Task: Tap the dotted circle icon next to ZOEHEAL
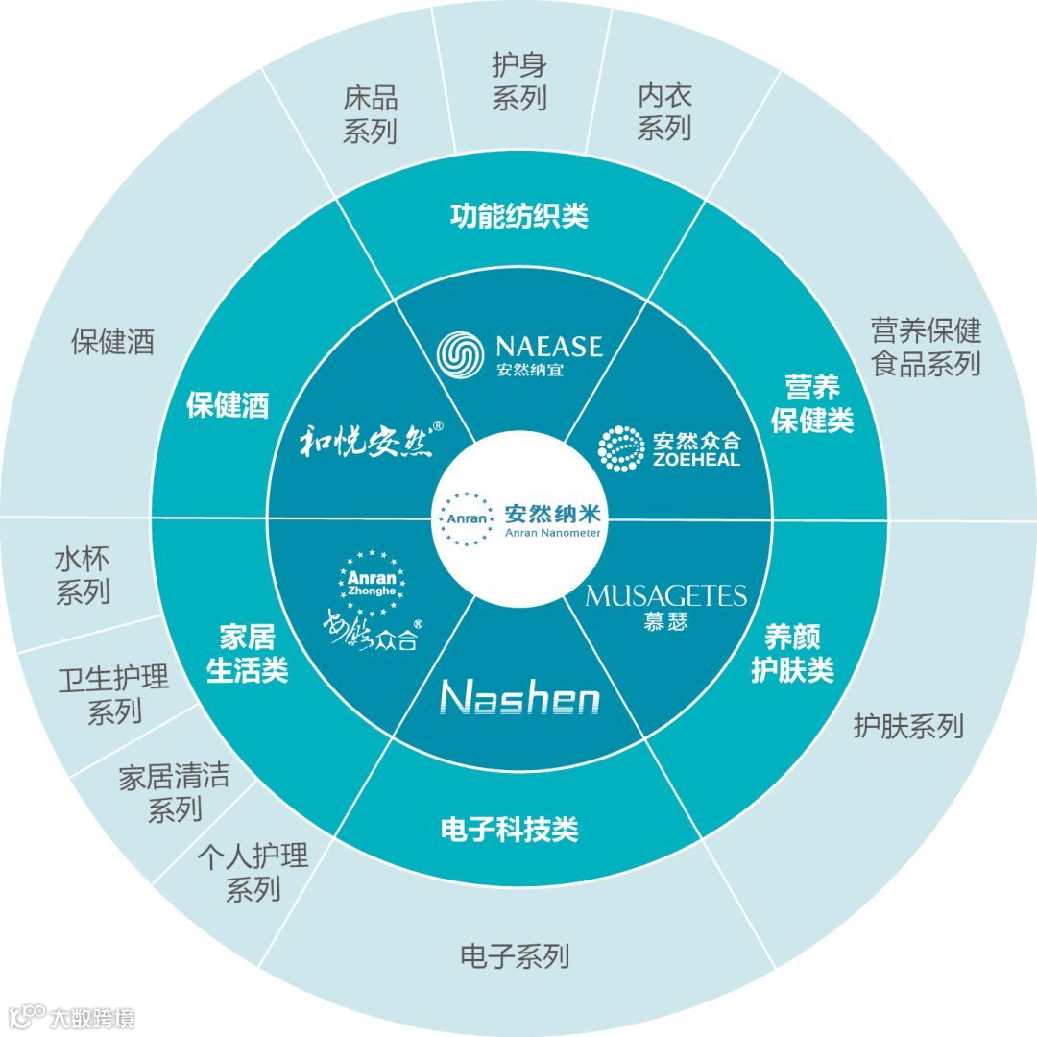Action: click(621, 448)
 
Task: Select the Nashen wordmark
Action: click(519, 698)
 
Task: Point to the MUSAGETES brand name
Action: click(665, 596)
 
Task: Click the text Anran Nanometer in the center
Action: click(552, 533)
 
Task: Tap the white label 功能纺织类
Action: click(518, 216)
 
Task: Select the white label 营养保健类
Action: click(812, 404)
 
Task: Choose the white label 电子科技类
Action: click(509, 829)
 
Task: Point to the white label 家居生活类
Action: click(247, 653)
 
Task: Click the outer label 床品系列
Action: click(370, 114)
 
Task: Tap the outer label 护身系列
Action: click(518, 82)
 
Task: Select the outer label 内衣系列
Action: click(664, 111)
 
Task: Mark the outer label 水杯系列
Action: click(82, 576)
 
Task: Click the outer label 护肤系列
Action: click(907, 726)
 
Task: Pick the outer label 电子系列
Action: click(515, 955)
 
